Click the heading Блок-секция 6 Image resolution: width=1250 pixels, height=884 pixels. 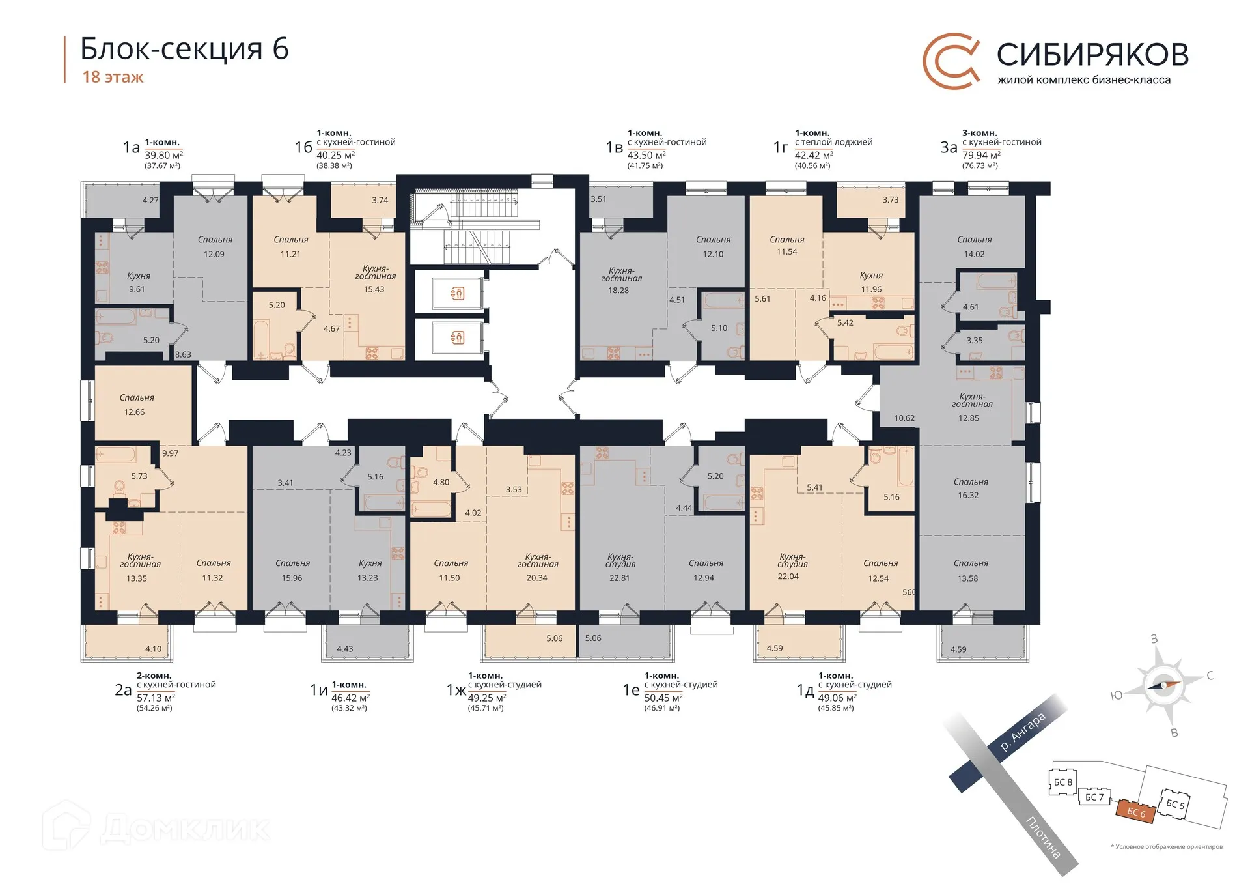pyautogui.click(x=184, y=49)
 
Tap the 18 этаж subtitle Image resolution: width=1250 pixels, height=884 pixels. pyautogui.click(x=113, y=77)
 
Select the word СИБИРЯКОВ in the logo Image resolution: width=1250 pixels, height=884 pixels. pyautogui.click(x=1092, y=54)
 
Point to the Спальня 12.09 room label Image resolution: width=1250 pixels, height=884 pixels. pyautogui.click(x=215, y=247)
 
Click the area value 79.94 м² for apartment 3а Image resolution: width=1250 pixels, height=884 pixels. pyautogui.click(x=981, y=155)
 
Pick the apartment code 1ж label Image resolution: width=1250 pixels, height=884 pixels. pyautogui.click(x=456, y=690)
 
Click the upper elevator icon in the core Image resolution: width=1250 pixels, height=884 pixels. pyautogui.click(x=458, y=294)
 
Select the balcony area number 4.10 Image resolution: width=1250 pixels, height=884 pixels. pyautogui.click(x=154, y=649)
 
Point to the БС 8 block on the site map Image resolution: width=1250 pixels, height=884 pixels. pyautogui.click(x=1062, y=782)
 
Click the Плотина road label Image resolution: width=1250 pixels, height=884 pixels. pyautogui.click(x=1043, y=836)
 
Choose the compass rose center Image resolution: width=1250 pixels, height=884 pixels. pyautogui.click(x=1162, y=685)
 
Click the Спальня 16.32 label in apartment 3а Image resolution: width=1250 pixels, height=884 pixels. pyautogui.click(x=970, y=489)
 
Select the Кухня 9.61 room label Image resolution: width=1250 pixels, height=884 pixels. pyautogui.click(x=138, y=282)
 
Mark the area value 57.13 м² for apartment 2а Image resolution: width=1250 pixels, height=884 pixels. pyautogui.click(x=156, y=698)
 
